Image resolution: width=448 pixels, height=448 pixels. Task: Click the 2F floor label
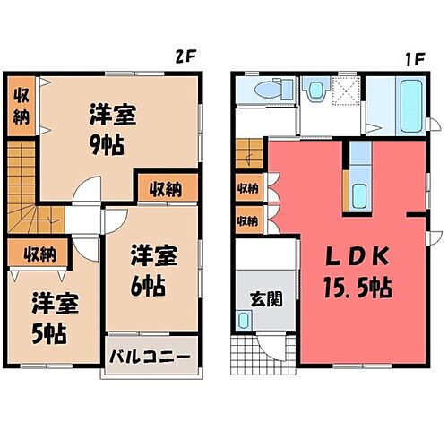tap(185, 55)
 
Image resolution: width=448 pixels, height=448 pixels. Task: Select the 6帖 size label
tap(148, 288)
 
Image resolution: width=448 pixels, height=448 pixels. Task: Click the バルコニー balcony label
tap(150, 357)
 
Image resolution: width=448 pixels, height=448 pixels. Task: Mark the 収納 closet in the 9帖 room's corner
tap(21, 105)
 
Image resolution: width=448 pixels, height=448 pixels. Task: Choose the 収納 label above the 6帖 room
tap(164, 189)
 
